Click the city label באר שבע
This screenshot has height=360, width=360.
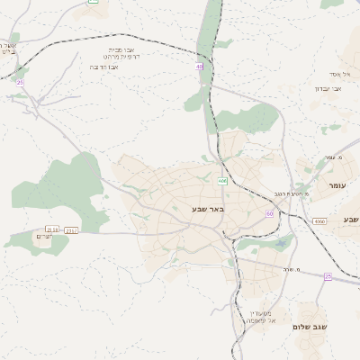pos(206,208)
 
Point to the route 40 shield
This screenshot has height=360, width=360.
pos(198,66)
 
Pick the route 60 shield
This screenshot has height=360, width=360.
pos(269,212)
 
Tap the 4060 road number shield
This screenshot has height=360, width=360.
pos(319,220)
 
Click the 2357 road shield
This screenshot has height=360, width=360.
pos(71,230)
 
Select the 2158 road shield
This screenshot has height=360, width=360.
pos(52,229)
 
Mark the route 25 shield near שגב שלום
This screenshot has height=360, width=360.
pos(328,276)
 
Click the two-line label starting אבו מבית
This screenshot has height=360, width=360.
pos(120,54)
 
